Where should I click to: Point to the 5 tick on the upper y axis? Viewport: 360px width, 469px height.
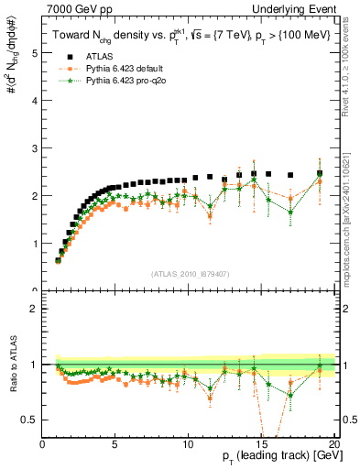click(36, 53)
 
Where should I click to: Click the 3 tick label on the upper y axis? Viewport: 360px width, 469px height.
click(36, 148)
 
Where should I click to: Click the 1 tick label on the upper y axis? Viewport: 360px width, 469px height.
click(36, 244)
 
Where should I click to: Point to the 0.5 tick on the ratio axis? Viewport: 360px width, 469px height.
click(32, 420)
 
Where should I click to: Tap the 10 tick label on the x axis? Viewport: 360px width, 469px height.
click(188, 444)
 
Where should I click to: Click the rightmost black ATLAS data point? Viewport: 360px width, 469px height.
click(320, 173)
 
